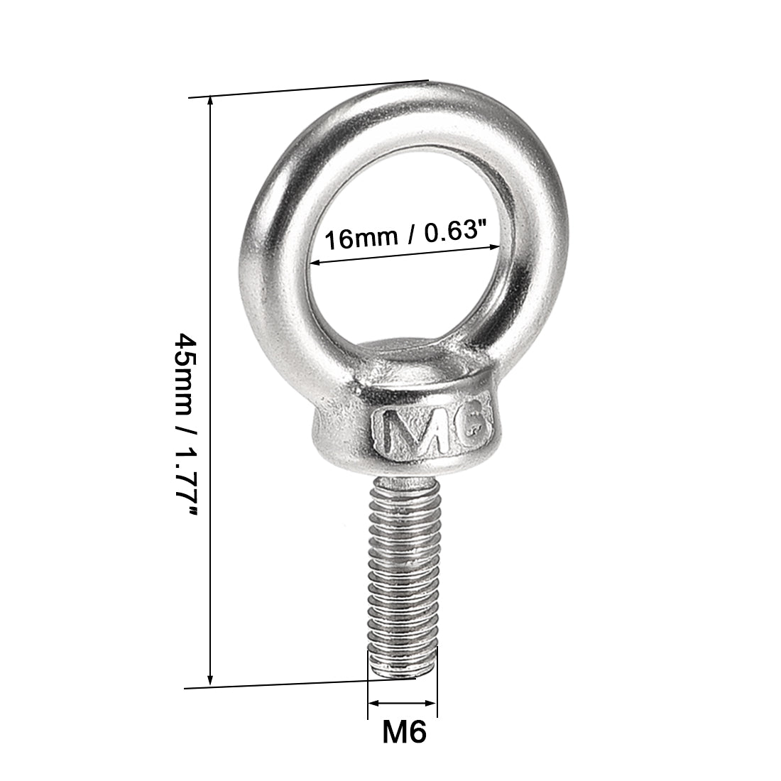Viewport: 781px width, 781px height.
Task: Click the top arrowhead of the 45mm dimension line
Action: click(x=210, y=102)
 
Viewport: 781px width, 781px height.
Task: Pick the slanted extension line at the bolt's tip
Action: click(x=298, y=683)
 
